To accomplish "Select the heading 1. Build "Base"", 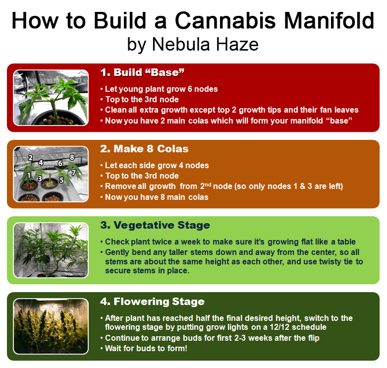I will [142, 72].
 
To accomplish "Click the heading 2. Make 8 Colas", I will [144, 149].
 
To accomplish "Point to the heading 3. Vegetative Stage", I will [155, 225].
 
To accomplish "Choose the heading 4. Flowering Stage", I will [152, 301].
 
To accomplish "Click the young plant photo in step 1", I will [51, 97].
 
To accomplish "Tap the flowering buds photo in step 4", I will [51, 325].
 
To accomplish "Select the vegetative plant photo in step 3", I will [51, 249].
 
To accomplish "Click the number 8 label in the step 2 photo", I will [72, 157].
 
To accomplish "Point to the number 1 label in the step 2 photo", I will [29, 175].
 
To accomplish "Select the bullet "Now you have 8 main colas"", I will [157, 197].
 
